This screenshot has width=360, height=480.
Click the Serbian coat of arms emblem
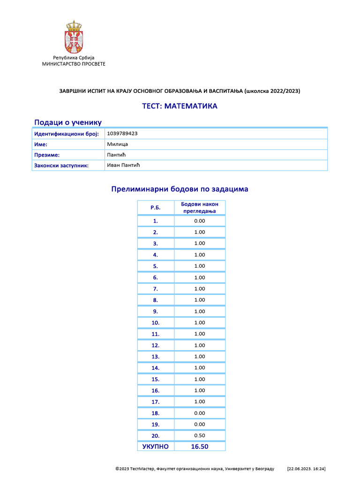click(74, 37)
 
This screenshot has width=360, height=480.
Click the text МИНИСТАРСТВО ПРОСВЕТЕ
click(74, 64)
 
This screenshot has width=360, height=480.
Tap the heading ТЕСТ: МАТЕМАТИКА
click(180, 106)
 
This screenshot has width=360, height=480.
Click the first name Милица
click(117, 144)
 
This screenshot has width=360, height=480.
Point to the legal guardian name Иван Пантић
click(124, 165)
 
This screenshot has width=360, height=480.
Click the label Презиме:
click(47, 155)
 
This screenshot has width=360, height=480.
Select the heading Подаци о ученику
click(68, 122)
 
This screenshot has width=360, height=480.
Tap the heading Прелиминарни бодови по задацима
click(180, 189)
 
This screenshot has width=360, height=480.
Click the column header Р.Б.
click(155, 207)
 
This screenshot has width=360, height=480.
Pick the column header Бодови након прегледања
click(199, 207)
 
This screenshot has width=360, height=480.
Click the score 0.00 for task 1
click(199, 221)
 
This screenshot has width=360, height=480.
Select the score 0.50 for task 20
click(199, 435)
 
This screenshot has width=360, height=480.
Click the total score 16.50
click(199, 446)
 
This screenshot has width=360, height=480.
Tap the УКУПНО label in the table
click(155, 446)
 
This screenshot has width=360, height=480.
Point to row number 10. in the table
click(155, 322)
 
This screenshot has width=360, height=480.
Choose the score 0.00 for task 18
click(199, 413)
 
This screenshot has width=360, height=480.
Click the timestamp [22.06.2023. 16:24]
click(306, 468)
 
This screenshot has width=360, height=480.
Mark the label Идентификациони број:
click(66, 134)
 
